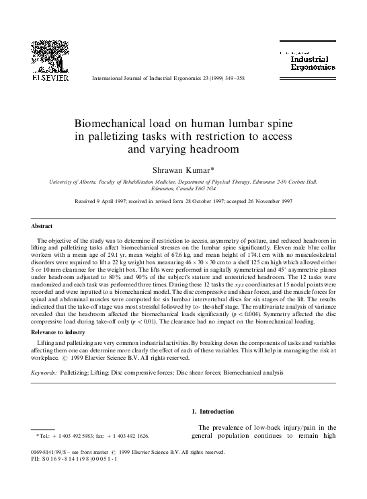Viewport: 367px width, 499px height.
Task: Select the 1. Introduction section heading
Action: pos(212,412)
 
